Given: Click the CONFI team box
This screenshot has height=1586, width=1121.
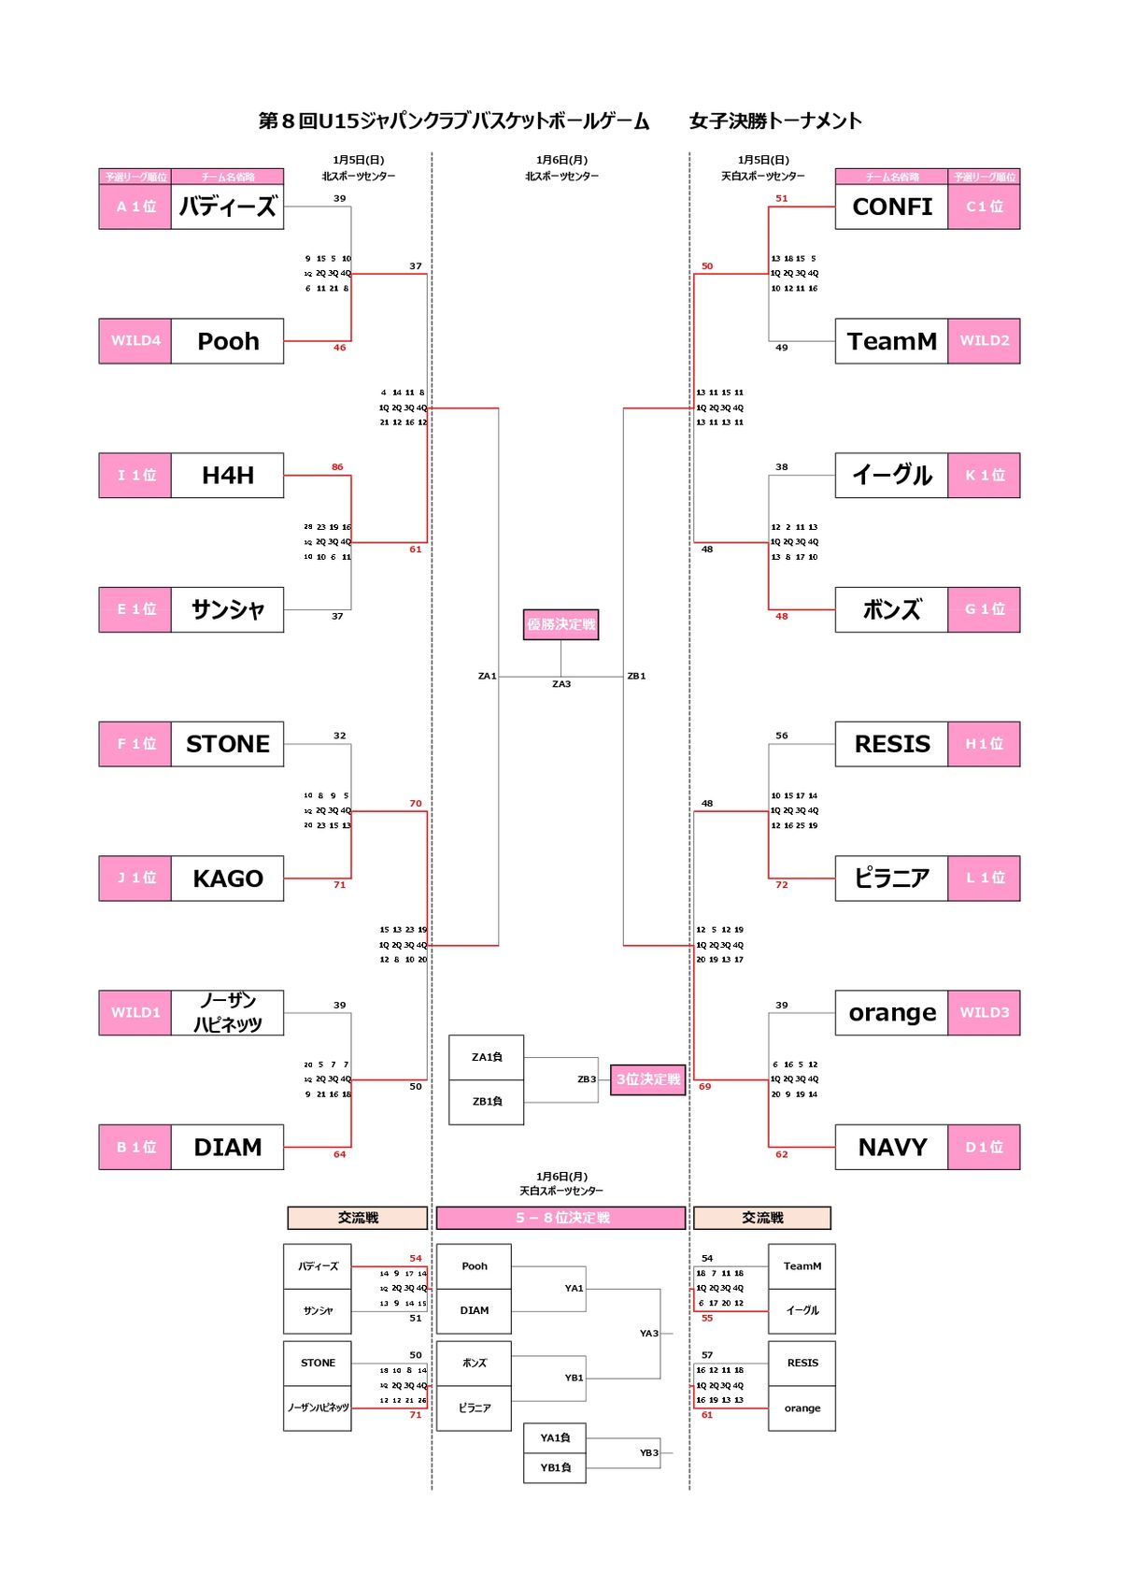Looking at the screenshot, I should coord(891,207).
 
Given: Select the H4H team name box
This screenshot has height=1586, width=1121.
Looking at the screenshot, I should coord(227,476).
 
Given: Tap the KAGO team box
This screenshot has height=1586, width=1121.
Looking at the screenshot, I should coord(227,879).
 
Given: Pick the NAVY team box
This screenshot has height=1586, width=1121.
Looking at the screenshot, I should coord(891,1148).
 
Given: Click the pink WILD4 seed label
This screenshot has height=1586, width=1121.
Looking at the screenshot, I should coord(135,341).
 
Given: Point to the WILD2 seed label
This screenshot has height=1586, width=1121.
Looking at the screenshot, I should coord(984,341).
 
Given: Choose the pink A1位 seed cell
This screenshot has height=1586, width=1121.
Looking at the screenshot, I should coord(135,207).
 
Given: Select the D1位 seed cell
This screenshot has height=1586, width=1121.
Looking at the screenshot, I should coord(984,1148).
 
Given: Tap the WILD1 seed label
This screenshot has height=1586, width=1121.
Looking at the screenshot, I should coord(135,1013).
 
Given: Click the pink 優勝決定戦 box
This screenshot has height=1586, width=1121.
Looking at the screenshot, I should coord(560,624).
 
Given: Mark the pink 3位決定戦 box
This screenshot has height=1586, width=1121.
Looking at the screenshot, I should coord(647,1079).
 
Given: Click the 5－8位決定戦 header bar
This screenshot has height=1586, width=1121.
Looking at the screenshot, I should coord(560,1218).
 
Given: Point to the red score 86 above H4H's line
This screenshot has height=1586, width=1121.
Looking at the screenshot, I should coord(337,466).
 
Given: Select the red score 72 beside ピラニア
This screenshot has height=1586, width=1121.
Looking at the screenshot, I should coord(782,884).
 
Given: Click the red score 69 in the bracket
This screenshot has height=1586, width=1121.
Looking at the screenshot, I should coord(704,1086).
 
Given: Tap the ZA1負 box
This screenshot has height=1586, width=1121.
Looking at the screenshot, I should coord(487,1057).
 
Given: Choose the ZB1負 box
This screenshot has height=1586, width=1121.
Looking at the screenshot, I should coord(487,1102).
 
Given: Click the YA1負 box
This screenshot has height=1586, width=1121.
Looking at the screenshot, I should coord(555,1438).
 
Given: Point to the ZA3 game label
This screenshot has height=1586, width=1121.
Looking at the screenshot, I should coord(560,684).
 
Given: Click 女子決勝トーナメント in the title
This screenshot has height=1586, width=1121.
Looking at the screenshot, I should coord(775,121).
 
